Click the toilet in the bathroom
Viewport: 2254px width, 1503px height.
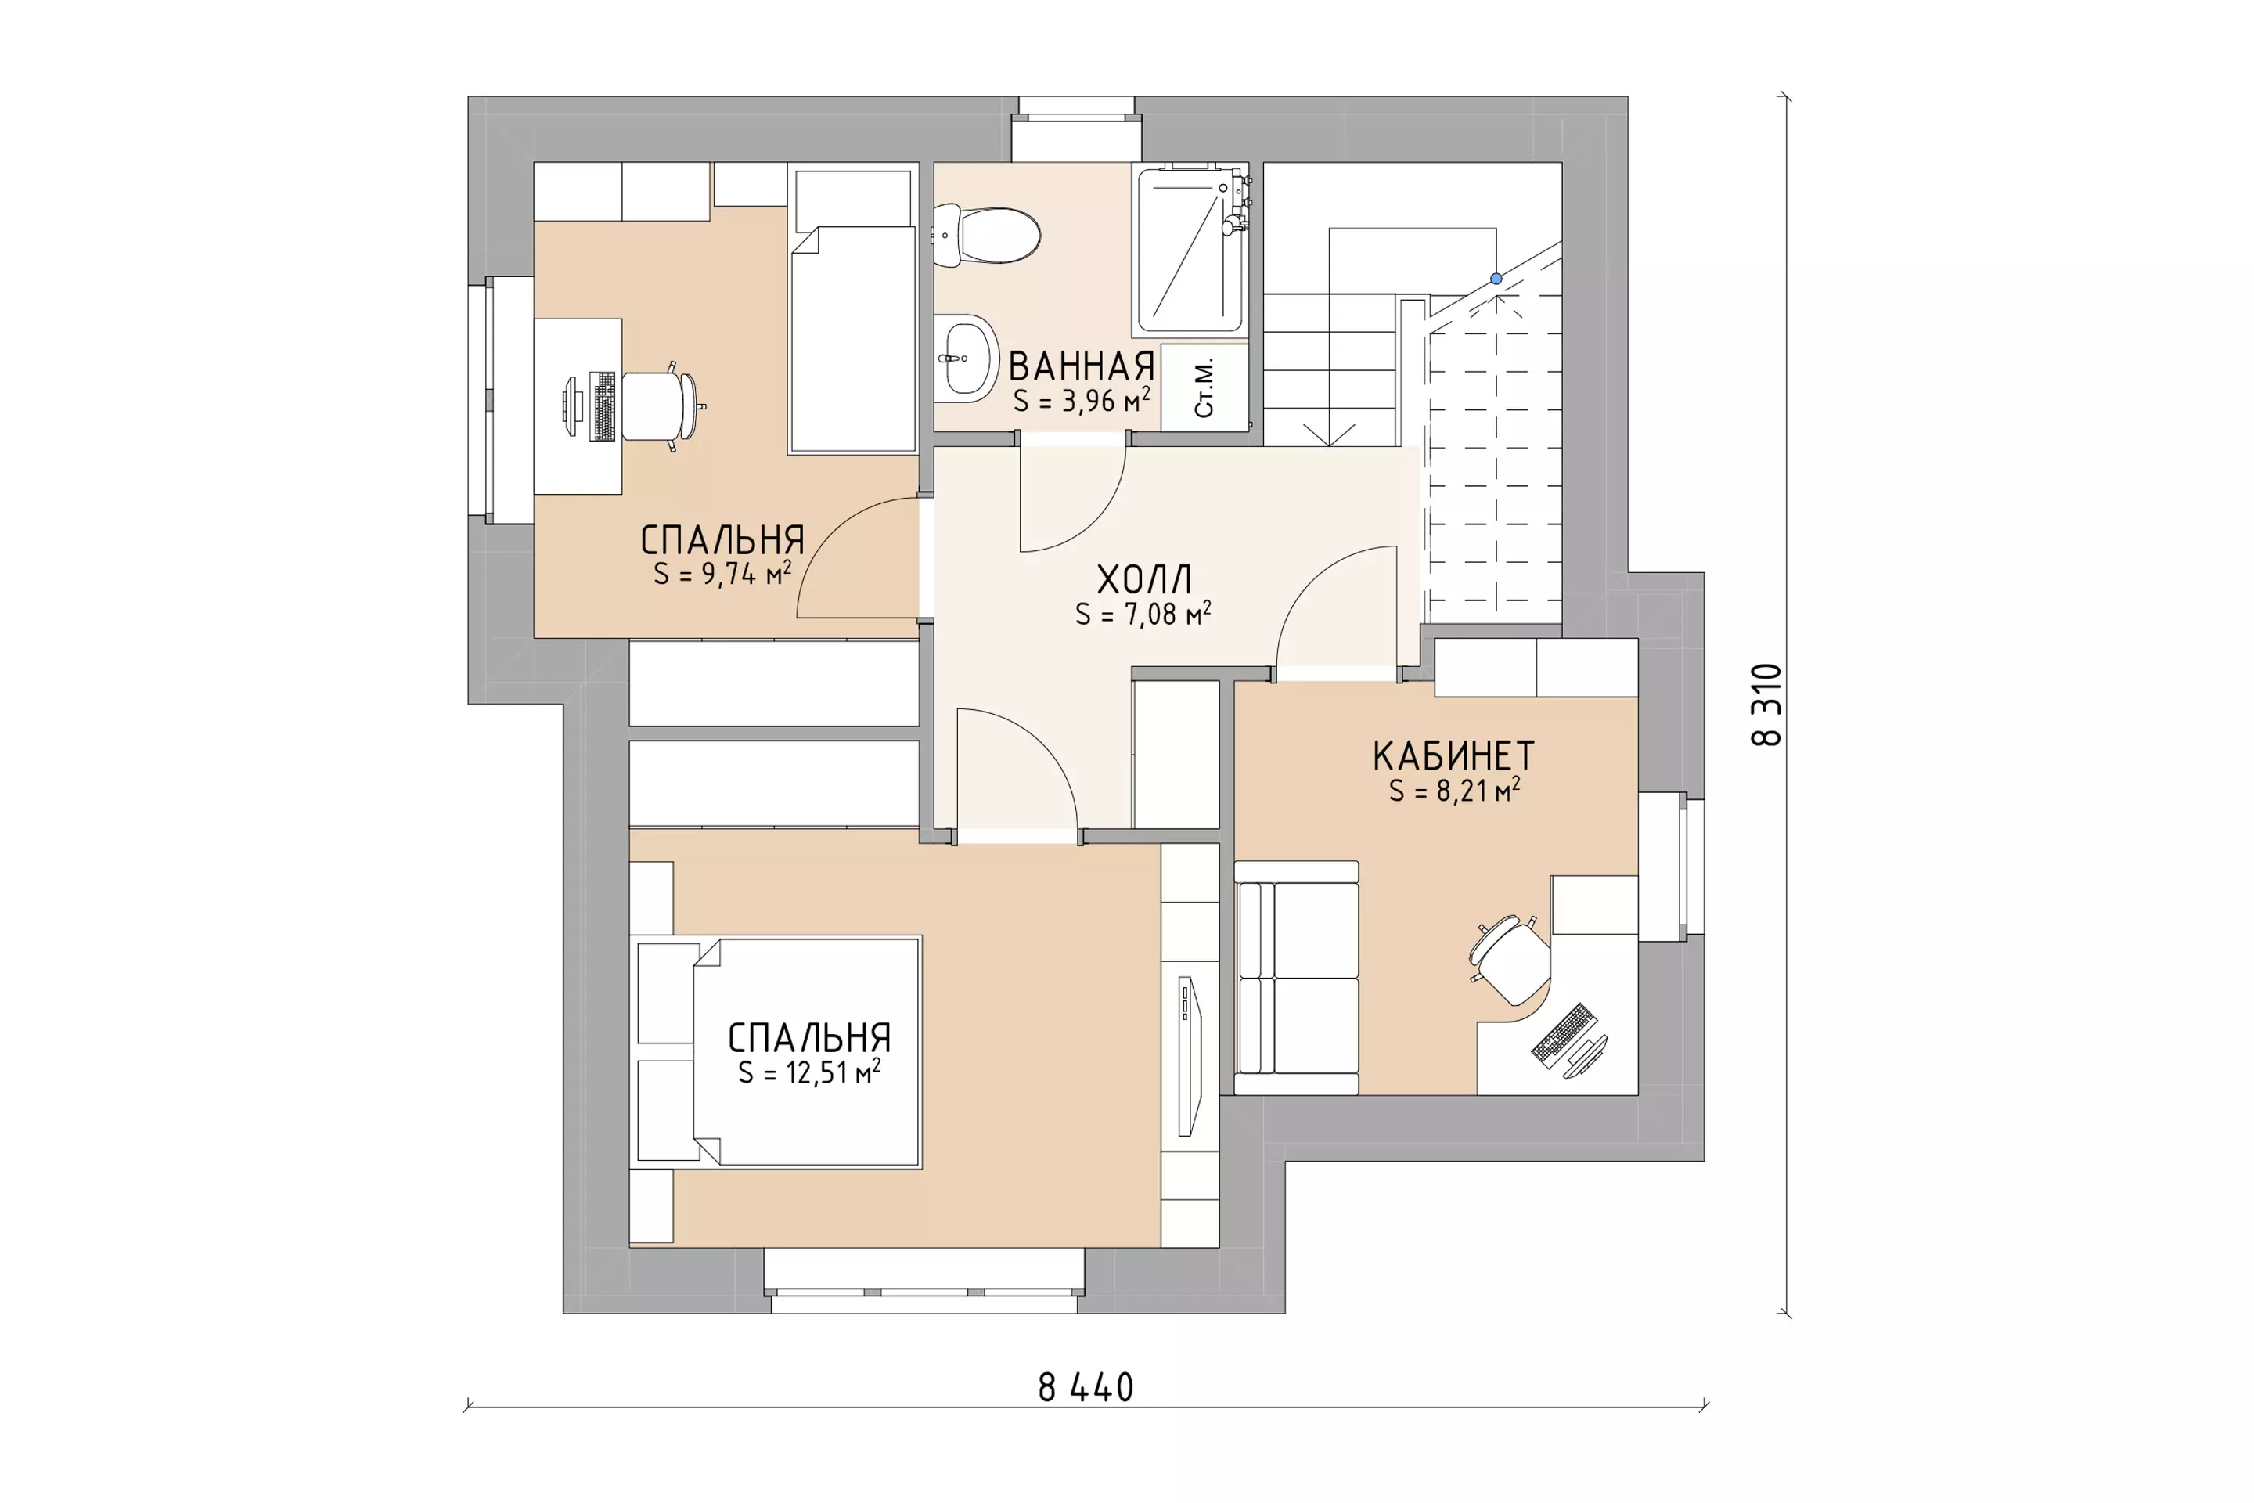tap(987, 235)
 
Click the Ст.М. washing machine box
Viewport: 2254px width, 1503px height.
tap(1204, 387)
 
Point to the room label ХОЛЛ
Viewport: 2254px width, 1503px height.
tap(1144, 579)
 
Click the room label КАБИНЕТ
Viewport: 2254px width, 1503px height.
tap(1454, 756)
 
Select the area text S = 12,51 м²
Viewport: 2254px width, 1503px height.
tap(808, 1072)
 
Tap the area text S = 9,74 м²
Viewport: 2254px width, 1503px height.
tap(722, 573)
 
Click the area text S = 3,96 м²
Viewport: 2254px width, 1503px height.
tap(1082, 400)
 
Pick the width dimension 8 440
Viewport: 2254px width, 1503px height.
tap(1086, 1388)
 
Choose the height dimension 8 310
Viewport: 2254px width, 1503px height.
tap(1766, 705)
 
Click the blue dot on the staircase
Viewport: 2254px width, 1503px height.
tap(1496, 279)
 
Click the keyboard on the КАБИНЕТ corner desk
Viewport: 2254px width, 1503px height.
tap(1564, 1035)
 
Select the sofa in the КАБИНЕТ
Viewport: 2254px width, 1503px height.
tap(1297, 978)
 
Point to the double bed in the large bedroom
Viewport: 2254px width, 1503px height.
tap(776, 1051)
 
